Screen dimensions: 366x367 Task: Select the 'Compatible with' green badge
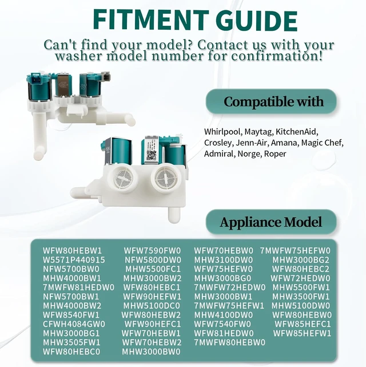coord(271,101)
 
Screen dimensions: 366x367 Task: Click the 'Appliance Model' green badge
coord(271,222)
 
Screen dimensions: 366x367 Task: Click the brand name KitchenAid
coord(297,132)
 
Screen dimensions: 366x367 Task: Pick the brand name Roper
coord(275,154)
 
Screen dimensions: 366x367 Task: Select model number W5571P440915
coord(74,260)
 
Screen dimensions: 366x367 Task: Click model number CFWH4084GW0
coord(74,324)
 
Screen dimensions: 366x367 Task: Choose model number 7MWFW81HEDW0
coord(78,287)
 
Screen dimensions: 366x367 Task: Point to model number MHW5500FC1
coord(153,269)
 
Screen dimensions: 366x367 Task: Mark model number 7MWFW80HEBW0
coord(230,342)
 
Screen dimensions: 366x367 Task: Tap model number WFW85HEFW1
coord(302,333)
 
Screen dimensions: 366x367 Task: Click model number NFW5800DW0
coord(153,260)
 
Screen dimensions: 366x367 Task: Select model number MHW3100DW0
coord(224,260)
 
